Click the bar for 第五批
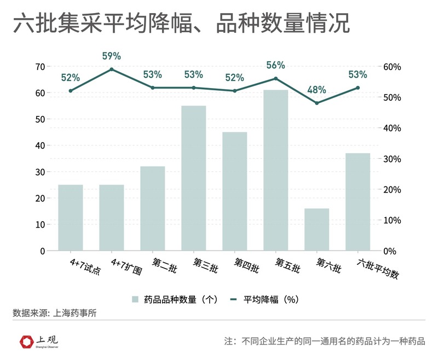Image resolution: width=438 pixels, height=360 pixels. coord(275,170)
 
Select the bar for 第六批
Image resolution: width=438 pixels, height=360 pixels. coord(316,229)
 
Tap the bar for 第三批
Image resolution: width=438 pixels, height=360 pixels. coord(193,178)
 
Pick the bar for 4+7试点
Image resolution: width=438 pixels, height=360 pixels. coord(70,217)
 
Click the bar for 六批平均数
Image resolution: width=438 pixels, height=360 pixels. coord(358,201)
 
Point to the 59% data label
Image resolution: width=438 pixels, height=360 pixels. coord(112,56)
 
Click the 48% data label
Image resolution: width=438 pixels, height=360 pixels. coord(316,90)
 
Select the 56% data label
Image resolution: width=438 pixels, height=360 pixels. coord(275,65)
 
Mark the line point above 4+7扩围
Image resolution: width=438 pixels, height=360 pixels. coord(112,69)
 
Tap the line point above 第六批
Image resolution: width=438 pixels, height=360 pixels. coord(316,103)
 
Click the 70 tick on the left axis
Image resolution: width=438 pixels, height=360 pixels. coord(39,67)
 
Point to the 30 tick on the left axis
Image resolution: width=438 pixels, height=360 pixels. coord(39,172)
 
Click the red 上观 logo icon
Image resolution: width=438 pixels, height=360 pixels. coord(25,342)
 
